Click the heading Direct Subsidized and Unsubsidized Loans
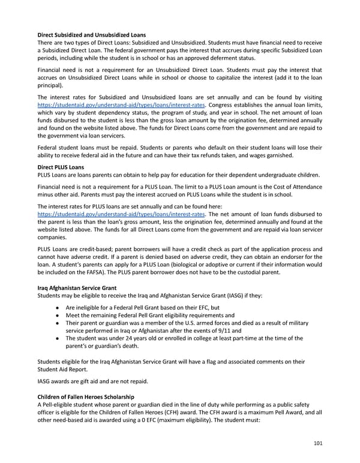(x=91, y=34)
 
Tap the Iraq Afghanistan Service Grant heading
(x=77, y=288)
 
